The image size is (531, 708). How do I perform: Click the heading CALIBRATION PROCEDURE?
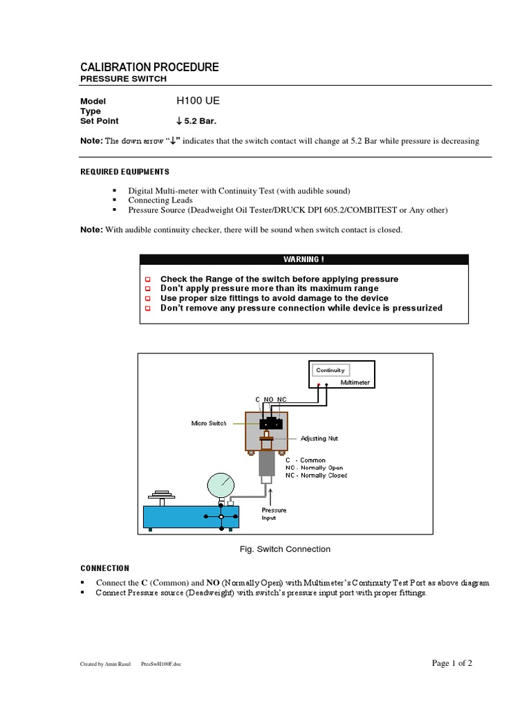point(149,67)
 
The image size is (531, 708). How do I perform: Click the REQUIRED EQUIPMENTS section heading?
point(124,171)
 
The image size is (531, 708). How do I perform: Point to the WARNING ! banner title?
point(304,259)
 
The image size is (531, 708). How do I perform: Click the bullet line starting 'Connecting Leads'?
point(160,200)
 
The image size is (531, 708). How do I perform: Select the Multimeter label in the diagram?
point(355,382)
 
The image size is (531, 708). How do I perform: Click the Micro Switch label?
point(209,423)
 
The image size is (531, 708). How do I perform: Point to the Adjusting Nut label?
point(319,438)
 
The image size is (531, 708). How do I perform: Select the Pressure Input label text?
point(274,514)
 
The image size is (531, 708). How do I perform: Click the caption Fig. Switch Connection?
point(283,549)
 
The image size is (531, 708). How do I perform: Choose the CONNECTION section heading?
point(105,568)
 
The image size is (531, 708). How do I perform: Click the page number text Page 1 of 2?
point(451,663)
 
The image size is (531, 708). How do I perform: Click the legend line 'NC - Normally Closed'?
point(316,476)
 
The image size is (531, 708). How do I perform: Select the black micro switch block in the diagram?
point(270,424)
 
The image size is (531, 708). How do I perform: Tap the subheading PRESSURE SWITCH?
point(124,80)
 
